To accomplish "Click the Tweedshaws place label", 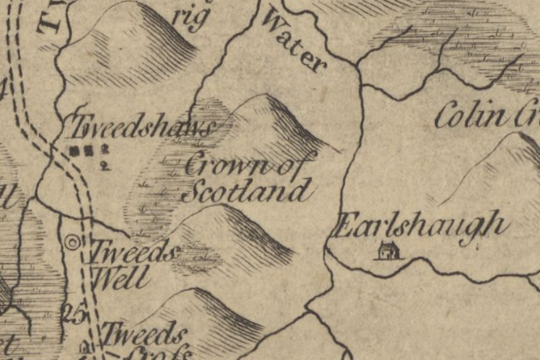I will point(142,127).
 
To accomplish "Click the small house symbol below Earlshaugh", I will point(388,251).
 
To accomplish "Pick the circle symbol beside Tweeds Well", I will point(73,242).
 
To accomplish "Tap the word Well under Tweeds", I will point(119,279).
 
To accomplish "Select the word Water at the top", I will point(294,42).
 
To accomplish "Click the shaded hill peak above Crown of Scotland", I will point(282,120).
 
